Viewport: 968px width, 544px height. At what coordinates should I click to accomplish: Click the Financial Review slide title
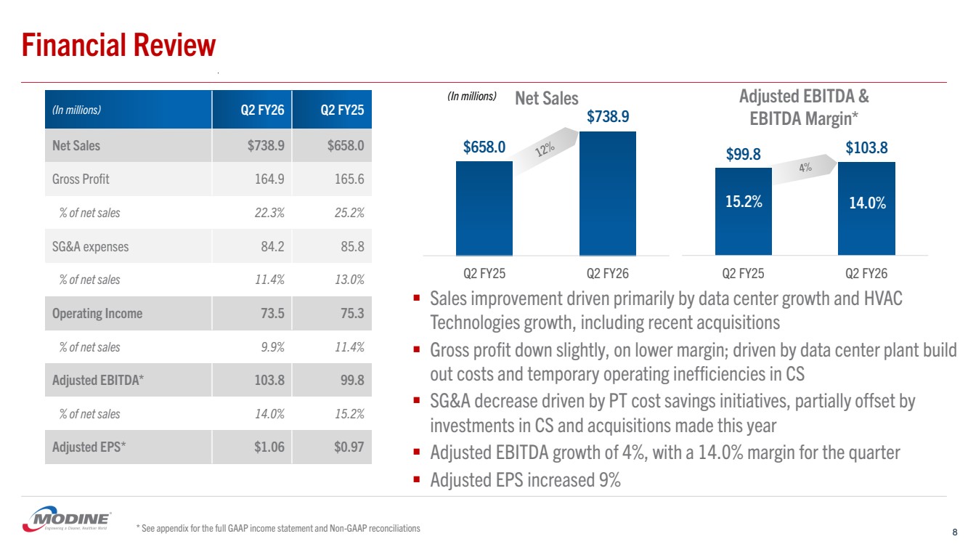click(x=119, y=45)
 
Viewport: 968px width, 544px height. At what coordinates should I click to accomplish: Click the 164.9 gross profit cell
click(x=269, y=179)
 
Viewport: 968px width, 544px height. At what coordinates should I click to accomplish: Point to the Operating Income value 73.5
click(x=269, y=313)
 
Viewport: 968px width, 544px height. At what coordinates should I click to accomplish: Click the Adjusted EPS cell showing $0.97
click(x=346, y=447)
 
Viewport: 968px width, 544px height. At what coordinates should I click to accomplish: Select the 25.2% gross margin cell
click(x=345, y=213)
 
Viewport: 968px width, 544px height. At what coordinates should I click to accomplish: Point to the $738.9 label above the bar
click(x=607, y=116)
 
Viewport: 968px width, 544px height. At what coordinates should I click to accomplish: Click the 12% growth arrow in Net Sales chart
click(x=545, y=150)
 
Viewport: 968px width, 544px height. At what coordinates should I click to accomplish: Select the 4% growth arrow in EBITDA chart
click(x=805, y=168)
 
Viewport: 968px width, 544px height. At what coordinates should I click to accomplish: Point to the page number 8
click(x=953, y=531)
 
